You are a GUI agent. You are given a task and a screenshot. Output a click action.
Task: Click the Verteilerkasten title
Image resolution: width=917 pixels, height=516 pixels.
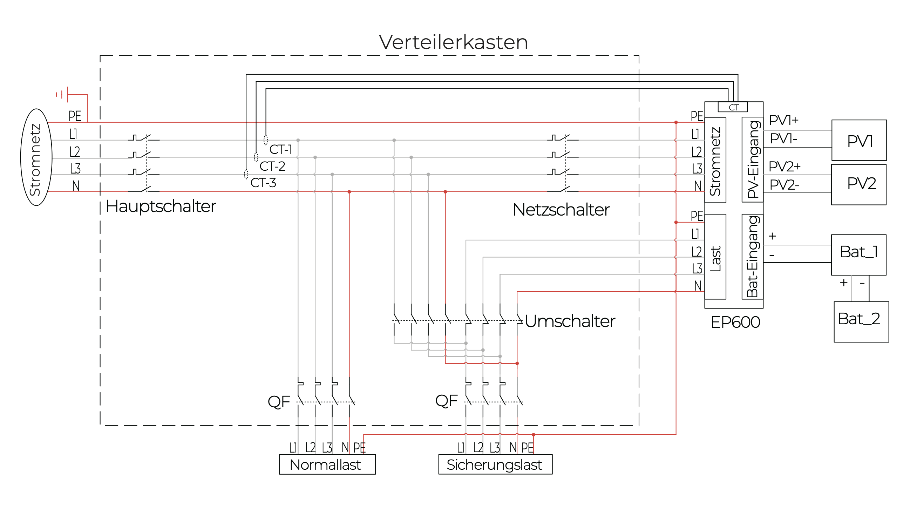(x=453, y=42)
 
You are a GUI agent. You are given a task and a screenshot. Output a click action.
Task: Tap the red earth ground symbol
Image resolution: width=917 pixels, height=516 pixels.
(x=63, y=95)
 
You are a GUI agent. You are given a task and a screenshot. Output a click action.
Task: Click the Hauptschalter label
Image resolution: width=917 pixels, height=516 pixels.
(x=161, y=206)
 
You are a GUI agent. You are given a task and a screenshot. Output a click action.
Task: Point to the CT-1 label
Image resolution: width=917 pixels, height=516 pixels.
(x=280, y=150)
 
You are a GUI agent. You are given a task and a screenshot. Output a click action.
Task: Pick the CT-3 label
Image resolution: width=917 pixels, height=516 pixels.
(x=263, y=183)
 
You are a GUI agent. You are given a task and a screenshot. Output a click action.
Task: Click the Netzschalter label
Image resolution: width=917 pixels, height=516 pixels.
(x=561, y=210)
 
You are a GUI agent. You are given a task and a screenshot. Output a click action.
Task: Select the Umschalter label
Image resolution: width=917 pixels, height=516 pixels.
(x=570, y=321)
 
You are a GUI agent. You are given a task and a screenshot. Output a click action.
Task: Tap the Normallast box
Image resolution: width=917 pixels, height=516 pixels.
(x=327, y=465)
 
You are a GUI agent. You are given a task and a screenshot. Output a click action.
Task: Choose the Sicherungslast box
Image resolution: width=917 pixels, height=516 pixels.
(x=495, y=465)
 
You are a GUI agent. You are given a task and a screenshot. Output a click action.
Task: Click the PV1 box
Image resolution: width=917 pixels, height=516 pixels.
(x=858, y=141)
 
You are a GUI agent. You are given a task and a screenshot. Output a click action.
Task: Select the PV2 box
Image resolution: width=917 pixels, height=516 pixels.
(x=858, y=184)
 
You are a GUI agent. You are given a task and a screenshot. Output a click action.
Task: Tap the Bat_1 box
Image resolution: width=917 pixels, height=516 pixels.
(x=858, y=254)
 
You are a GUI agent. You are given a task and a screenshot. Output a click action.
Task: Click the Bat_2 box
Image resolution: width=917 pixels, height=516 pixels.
(x=861, y=321)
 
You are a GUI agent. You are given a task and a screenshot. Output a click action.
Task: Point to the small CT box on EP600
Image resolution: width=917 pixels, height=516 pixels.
(x=733, y=107)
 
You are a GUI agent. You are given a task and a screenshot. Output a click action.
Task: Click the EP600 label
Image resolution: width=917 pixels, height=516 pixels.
(x=735, y=322)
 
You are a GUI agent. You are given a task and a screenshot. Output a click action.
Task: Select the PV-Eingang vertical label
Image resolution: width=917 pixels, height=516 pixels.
(x=752, y=159)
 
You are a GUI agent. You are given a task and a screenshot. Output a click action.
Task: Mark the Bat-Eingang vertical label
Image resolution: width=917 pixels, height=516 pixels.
(x=752, y=256)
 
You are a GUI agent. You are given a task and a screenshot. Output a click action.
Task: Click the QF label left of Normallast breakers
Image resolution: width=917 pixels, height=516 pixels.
(x=279, y=402)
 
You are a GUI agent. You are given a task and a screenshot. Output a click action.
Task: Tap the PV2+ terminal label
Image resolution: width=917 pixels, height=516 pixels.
(x=784, y=167)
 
